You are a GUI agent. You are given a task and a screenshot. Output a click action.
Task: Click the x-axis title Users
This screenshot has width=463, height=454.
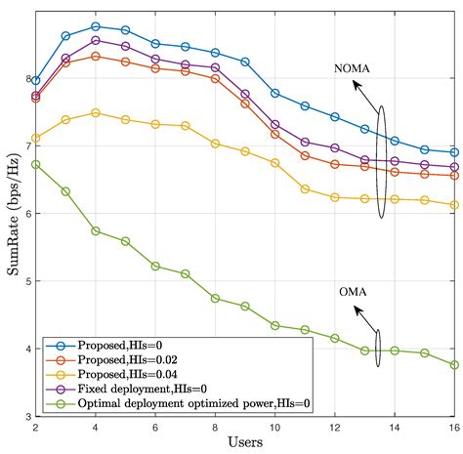pyautogui.click(x=245, y=442)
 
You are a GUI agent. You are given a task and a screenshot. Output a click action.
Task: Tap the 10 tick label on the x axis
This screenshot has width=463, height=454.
pyautogui.click(x=274, y=428)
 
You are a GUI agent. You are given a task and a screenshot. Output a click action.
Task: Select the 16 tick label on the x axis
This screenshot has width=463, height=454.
pyautogui.click(x=454, y=428)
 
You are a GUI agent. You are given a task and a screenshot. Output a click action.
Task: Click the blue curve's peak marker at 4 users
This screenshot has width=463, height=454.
pyautogui.click(x=96, y=26)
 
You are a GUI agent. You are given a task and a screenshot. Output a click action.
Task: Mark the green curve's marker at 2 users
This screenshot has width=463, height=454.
pyautogui.click(x=36, y=164)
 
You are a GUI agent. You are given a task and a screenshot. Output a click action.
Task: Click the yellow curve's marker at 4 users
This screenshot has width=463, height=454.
pyautogui.click(x=96, y=112)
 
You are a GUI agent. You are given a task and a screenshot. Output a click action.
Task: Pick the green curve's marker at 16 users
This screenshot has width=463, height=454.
pyautogui.click(x=454, y=365)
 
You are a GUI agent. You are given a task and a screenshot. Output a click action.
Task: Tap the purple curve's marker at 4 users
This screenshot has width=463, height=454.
pyautogui.click(x=96, y=40)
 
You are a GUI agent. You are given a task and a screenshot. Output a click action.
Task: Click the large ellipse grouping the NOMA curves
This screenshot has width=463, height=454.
pyautogui.click(x=382, y=161)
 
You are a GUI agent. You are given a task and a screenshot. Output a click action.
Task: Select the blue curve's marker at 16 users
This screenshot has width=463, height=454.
pyautogui.click(x=454, y=152)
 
